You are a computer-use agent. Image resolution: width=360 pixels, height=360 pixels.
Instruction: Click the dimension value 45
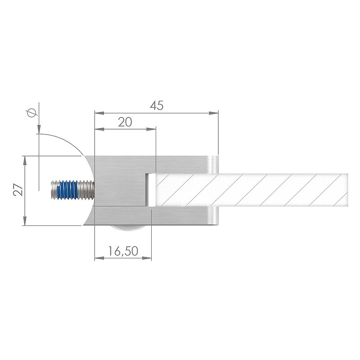[x=157, y=106]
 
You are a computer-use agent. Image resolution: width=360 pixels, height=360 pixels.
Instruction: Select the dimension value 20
[x=125, y=122]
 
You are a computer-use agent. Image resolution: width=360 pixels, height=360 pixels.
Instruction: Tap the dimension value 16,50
[x=123, y=251]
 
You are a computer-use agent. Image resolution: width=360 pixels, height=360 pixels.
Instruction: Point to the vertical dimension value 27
[x=18, y=189]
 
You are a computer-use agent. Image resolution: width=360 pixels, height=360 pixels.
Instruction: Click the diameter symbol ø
[x=32, y=113]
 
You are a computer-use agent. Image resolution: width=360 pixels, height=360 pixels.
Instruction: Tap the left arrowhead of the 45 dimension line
[x=99, y=113]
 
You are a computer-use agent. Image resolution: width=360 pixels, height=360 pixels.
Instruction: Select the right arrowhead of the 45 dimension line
[x=213, y=113]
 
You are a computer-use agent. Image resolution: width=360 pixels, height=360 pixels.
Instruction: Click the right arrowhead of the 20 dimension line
[x=151, y=129]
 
